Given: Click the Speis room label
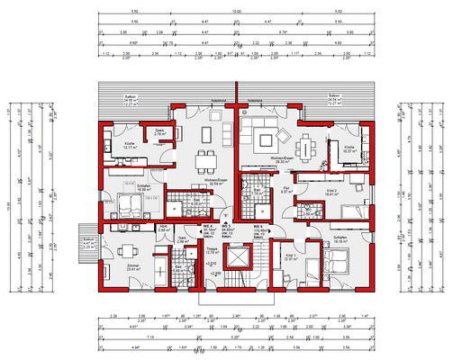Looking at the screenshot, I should pos(160,131).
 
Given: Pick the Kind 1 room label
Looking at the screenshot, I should pos(290,258).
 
